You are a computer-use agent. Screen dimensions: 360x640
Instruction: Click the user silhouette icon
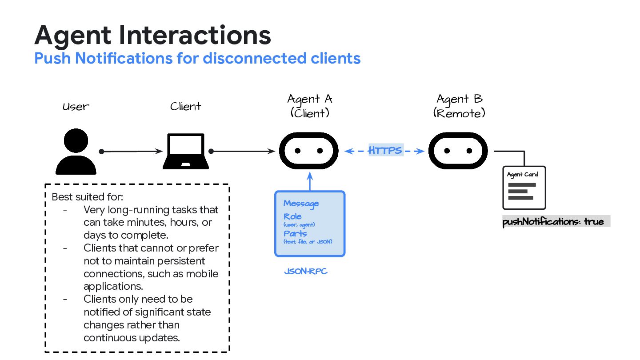coord(76,152)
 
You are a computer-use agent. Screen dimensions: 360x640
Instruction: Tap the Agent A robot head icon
coord(309,151)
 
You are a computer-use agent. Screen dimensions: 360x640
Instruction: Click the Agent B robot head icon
coord(458,151)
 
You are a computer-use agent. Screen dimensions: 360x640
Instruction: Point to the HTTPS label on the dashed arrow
coord(385,151)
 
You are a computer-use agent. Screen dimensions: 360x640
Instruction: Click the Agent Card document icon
coord(524,188)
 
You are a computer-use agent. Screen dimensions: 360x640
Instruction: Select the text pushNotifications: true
coord(553,221)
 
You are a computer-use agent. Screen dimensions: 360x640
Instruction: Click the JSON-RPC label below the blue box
coord(306,271)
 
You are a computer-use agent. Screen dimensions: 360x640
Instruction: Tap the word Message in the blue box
coord(301,204)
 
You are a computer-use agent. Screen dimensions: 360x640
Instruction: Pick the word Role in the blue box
coord(293,216)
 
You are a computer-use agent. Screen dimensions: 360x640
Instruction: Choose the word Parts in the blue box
coord(295,233)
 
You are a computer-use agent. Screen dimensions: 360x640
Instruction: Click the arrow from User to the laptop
coord(132,152)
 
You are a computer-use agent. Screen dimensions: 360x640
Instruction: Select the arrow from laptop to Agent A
coord(243,152)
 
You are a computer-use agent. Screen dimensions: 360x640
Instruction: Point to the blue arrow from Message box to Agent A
coord(310,182)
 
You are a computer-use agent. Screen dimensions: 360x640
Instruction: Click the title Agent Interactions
coord(152,36)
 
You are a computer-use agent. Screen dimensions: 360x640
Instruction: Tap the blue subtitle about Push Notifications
coord(197,58)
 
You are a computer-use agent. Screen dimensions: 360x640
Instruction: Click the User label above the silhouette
coord(76,107)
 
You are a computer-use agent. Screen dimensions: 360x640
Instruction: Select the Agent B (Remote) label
coord(459,106)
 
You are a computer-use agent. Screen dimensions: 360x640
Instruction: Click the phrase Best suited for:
coord(88,196)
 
